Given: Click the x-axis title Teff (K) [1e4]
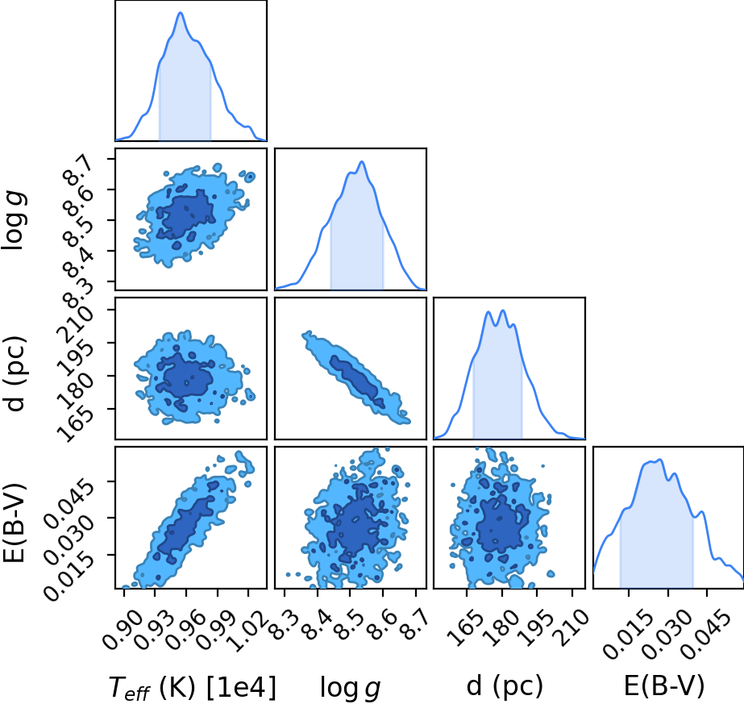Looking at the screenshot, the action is click(x=192, y=687).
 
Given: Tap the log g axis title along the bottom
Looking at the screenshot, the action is click(x=350, y=687).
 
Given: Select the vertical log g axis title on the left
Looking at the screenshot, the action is click(x=14, y=220).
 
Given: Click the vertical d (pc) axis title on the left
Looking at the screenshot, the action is click(x=14, y=373).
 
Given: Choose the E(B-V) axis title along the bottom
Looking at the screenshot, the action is click(x=664, y=685).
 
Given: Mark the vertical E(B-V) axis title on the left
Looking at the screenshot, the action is click(x=14, y=523).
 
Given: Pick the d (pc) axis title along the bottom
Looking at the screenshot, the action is click(x=505, y=685).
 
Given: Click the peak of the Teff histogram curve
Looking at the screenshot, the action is click(x=181, y=12).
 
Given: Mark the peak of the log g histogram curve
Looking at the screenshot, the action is click(x=362, y=162).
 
